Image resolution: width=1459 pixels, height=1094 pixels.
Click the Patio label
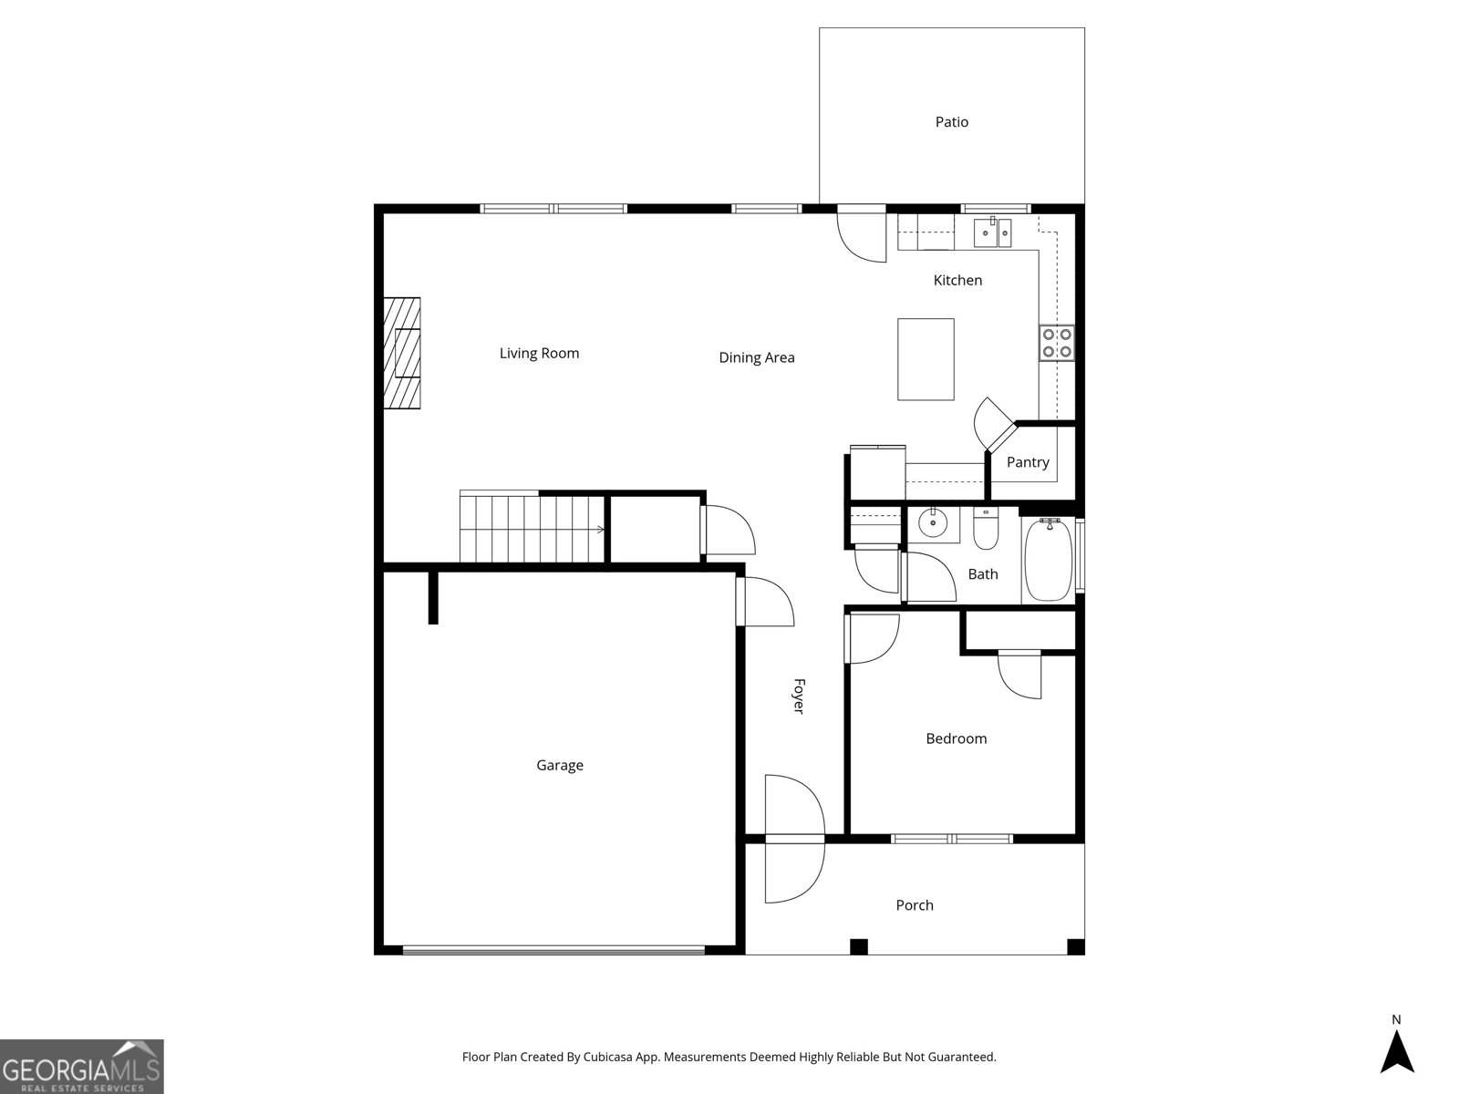951,122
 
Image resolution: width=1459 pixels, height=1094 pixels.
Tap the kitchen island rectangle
926,359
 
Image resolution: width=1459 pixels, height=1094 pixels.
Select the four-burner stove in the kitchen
1057,343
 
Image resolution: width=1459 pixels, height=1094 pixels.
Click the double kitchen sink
993,232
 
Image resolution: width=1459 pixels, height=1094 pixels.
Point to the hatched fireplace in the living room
401,354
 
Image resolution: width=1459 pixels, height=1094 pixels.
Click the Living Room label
539,354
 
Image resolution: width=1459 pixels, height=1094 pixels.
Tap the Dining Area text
756,357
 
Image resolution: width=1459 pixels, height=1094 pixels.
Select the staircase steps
532,529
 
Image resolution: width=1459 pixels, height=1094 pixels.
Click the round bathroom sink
933,524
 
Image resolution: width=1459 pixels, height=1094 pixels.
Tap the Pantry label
1028,462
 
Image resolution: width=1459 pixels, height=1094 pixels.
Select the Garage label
559,766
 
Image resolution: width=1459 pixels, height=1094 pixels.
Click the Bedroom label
956,738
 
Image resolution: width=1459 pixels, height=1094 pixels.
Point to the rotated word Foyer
798,696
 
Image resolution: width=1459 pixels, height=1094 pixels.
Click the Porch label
914,905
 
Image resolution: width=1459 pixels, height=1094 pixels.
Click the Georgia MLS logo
81,1066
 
